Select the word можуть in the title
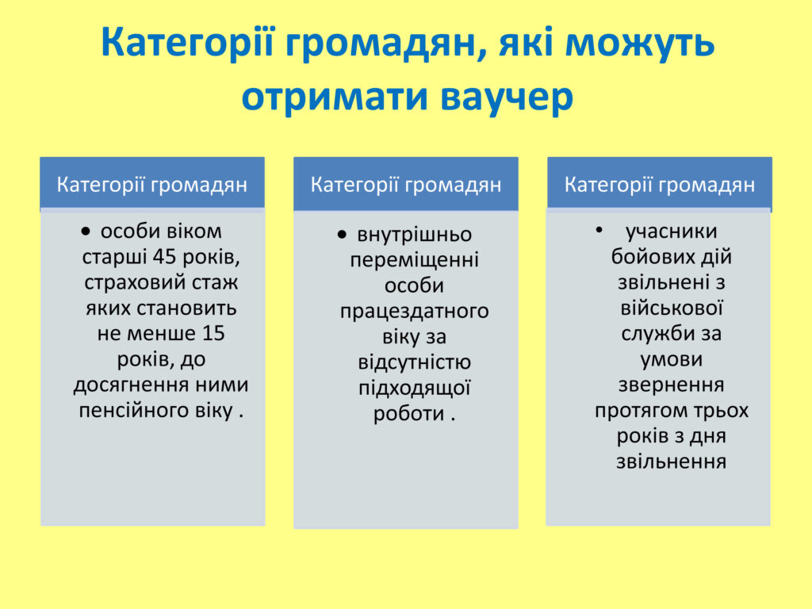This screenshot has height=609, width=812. [640, 43]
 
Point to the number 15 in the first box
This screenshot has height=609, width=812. [213, 333]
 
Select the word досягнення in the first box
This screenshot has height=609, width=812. [131, 385]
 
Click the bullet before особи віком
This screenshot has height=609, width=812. [86, 232]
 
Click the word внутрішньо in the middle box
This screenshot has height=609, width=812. [414, 235]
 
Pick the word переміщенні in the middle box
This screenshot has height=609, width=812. [414, 260]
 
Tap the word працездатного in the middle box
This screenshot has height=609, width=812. [414, 311]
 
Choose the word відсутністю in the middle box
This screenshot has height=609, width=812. [414, 362]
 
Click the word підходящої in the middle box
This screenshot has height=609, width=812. [414, 388]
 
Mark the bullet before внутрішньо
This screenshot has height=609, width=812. [341, 236]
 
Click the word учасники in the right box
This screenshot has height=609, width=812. [671, 232]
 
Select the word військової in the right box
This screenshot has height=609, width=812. [671, 308]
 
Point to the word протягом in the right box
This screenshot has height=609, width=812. [641, 411]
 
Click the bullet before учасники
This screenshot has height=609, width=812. [599, 229]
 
